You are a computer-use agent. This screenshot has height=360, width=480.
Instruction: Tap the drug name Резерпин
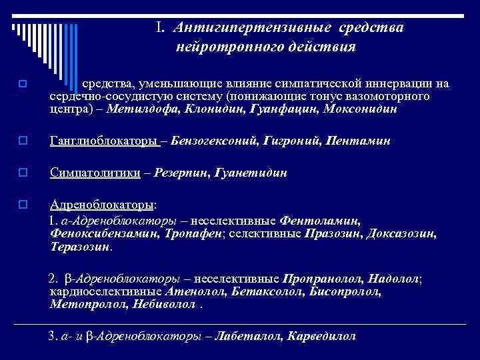(179, 173)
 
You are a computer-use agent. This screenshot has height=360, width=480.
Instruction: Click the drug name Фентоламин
(321, 219)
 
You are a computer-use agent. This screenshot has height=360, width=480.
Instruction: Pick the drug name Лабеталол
(254, 336)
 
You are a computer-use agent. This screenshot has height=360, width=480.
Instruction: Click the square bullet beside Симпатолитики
(23, 173)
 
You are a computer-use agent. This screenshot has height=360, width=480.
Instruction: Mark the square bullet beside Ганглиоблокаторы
(23, 141)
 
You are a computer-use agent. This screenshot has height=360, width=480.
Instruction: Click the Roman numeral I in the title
(160, 28)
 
